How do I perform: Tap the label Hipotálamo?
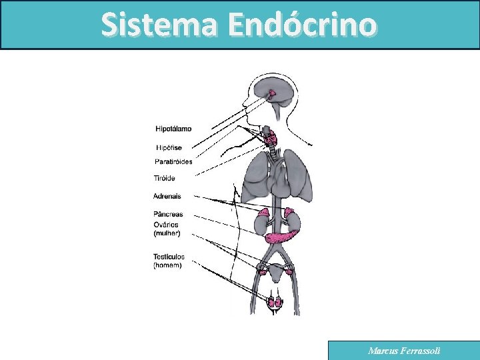173,129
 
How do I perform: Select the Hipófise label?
169,147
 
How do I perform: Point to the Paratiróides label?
173,161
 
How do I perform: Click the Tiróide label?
164,178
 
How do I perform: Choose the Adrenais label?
167,196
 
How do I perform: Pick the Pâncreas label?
168,215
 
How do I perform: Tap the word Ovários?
166,225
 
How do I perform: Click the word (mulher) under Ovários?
167,233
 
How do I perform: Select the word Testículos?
169,257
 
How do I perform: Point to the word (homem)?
167,265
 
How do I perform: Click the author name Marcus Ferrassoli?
404,351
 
